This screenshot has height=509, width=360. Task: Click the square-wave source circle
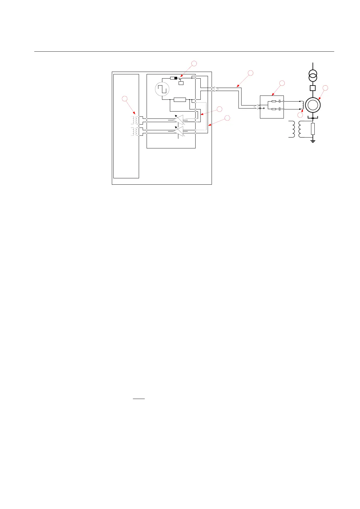162,89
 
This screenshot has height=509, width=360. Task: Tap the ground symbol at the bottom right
313,141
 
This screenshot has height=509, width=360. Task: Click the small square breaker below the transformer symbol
313,88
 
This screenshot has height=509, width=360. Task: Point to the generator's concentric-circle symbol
313,105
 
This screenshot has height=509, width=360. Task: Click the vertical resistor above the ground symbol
313,129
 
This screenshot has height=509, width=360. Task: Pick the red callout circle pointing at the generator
325,88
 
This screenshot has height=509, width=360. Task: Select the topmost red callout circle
194,63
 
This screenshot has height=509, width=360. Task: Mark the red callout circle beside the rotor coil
300,115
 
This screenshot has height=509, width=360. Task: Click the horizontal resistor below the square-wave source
180,100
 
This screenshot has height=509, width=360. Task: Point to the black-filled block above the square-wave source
176,78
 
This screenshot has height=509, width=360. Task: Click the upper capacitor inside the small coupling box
280,101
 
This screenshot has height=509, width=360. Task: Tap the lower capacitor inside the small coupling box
280,109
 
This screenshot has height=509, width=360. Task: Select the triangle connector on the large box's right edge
216,89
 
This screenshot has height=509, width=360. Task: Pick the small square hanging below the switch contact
181,83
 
